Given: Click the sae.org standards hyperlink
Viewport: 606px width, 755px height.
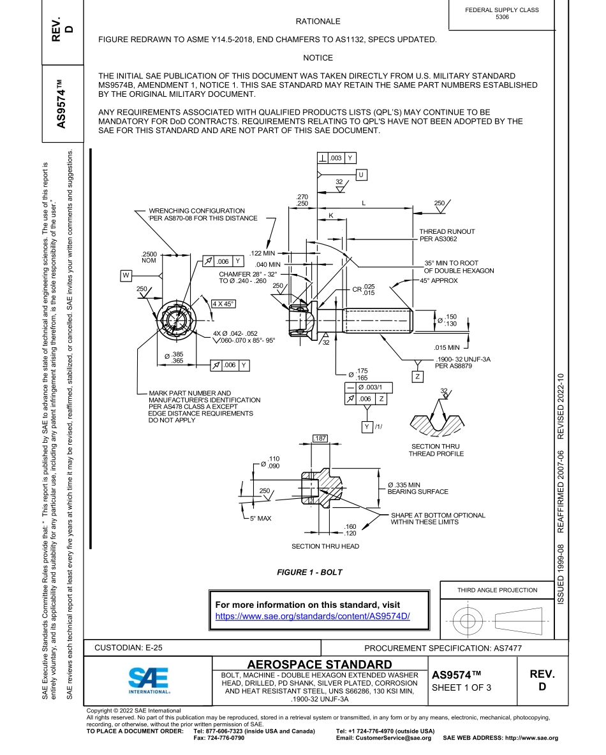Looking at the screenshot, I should tap(313, 616).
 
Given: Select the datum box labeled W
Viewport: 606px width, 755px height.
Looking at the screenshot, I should tap(126, 275).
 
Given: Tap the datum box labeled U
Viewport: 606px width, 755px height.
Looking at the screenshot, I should tap(361, 175).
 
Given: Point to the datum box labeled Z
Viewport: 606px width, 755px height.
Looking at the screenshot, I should tap(418, 377).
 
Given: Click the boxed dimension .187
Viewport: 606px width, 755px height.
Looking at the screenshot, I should tap(320, 438).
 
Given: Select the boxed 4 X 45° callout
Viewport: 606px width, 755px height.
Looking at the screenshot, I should tap(224, 303).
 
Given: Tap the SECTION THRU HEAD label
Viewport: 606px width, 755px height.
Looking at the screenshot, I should tap(325, 546).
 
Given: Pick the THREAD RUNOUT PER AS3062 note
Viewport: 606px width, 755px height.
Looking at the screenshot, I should tap(447, 235).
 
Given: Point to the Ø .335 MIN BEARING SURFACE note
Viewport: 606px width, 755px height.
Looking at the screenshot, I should tap(418, 488).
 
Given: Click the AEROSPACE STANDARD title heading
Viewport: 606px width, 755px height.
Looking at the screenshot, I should tap(320, 665).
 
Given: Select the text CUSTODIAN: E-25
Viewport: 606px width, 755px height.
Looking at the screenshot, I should tap(128, 647).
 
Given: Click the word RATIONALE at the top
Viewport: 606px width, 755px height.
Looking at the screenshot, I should tap(318, 22).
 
